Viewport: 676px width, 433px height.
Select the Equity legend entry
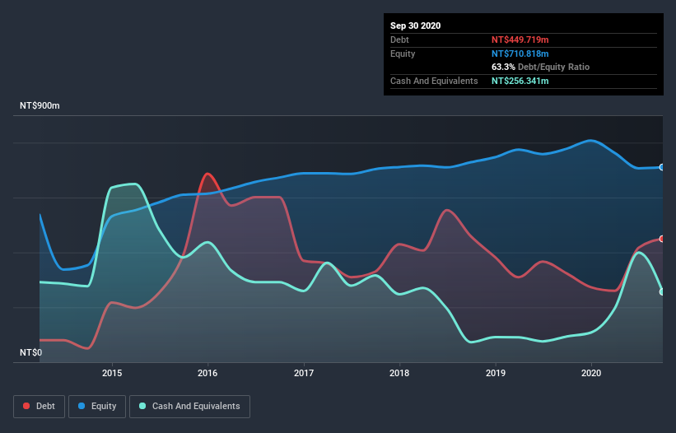click(x=98, y=406)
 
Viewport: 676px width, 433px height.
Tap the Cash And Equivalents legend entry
click(x=189, y=406)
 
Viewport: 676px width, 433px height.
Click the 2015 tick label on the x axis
click(x=112, y=373)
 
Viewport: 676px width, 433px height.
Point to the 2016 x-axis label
click(x=207, y=373)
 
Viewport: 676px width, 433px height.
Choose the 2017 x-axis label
click(x=304, y=373)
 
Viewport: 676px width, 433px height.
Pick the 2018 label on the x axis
click(x=399, y=373)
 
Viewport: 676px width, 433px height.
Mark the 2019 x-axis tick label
click(x=496, y=373)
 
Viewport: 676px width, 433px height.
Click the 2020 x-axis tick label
click(x=591, y=373)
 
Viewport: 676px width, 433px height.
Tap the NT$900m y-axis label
click(x=41, y=106)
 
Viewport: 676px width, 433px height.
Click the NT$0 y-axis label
click(x=30, y=352)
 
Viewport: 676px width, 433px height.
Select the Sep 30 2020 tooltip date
click(x=416, y=26)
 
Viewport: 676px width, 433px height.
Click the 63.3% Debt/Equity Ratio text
click(x=540, y=67)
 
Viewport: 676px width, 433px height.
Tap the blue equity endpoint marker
click(x=662, y=167)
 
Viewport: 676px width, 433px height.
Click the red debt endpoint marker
click(x=662, y=239)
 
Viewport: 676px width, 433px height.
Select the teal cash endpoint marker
click(x=662, y=291)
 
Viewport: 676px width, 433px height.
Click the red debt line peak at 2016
click(x=208, y=174)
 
